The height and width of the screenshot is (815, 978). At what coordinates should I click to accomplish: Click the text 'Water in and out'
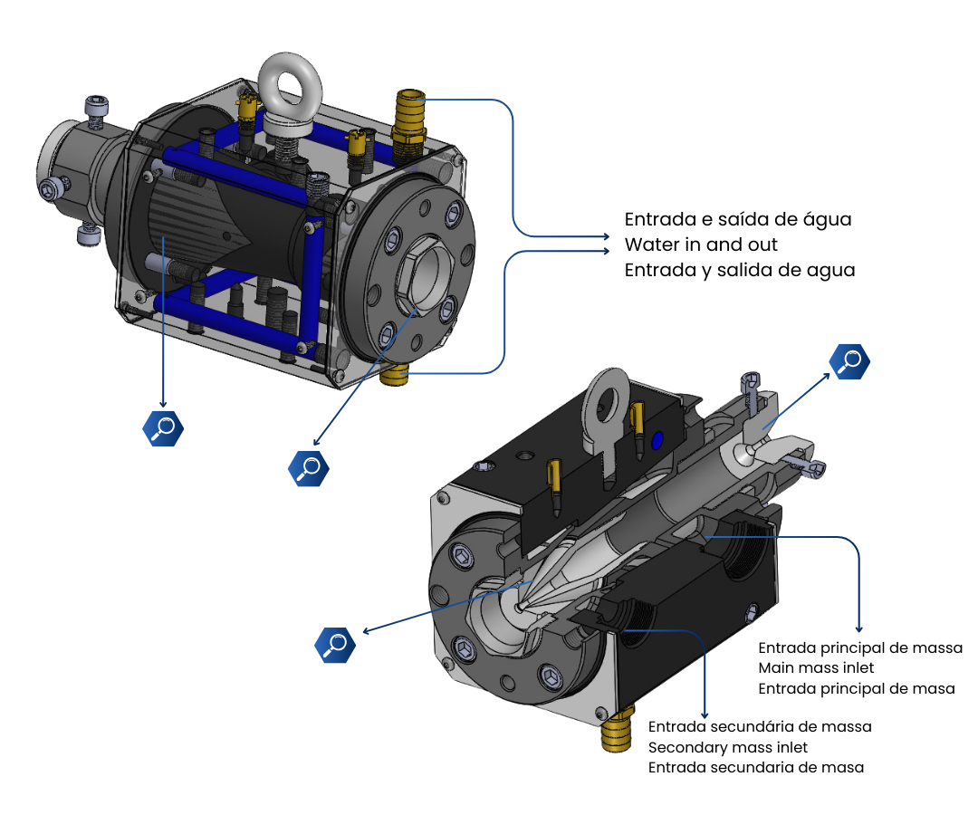pos(701,244)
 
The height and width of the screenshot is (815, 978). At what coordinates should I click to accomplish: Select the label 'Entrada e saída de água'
pos(738,219)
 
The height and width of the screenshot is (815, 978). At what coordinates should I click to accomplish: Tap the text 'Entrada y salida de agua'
pos(740,270)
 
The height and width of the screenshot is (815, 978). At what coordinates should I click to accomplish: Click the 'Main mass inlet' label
pos(816,667)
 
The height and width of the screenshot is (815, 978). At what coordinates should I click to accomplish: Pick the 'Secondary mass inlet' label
pos(728,747)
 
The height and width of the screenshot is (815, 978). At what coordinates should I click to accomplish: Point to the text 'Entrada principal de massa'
pos(860,647)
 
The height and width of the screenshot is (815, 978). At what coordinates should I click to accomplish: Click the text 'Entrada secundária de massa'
pos(760,726)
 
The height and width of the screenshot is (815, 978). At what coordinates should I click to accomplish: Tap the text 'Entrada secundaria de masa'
pos(756,768)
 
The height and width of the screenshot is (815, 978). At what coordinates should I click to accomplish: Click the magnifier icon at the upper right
pos(849,361)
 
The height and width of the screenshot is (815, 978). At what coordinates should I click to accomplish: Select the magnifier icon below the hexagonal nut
pos(309,468)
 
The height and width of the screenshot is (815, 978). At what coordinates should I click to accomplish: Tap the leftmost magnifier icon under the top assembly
pos(163,428)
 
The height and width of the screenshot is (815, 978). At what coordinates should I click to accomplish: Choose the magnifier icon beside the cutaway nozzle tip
pos(335,645)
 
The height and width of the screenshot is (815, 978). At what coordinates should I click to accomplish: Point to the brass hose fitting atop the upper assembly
pos(409,125)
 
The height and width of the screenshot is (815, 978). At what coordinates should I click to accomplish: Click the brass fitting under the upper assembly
pos(394,375)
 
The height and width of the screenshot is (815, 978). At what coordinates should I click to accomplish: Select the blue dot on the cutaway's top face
pos(657,442)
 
